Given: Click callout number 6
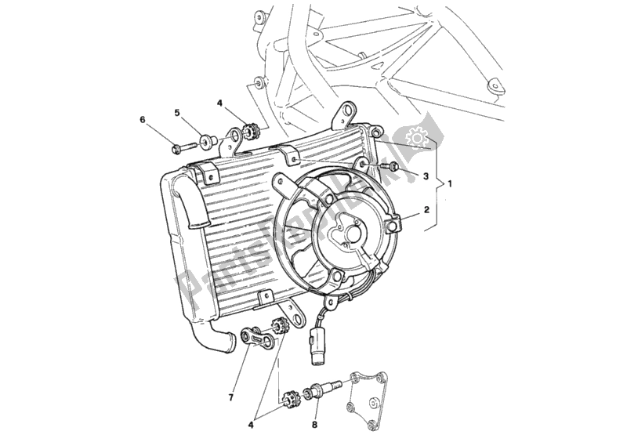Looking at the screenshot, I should pos(143,120).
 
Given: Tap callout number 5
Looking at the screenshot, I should pos(178,113).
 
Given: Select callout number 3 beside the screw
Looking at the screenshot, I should pos(426,177).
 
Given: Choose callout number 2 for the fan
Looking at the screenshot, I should pos(426,210).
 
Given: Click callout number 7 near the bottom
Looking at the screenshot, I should pos(231,397).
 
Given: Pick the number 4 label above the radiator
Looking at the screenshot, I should pos(220,103).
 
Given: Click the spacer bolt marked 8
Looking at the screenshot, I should pos(326,389).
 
